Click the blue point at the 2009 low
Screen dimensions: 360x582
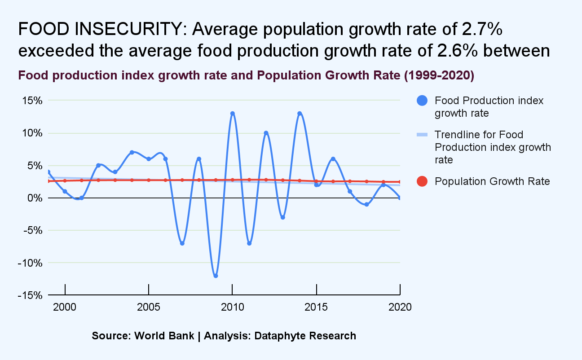[x=216, y=276]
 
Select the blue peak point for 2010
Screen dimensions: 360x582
[x=232, y=114]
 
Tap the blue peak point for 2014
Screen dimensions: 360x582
[x=300, y=114]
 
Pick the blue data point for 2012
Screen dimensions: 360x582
[x=266, y=133]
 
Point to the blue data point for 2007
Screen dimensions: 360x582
[x=182, y=243]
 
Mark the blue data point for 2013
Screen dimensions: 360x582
[x=282, y=217]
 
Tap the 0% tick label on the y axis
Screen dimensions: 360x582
[x=34, y=198]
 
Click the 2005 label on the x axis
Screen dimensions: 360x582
[x=149, y=307]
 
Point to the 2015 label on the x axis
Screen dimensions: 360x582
[x=317, y=307]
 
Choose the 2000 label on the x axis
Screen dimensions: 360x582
[x=65, y=307]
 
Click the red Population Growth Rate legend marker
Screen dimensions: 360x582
[x=423, y=181]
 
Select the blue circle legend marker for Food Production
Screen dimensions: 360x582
[x=423, y=101]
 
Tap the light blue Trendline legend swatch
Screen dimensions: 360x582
[x=423, y=135]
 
